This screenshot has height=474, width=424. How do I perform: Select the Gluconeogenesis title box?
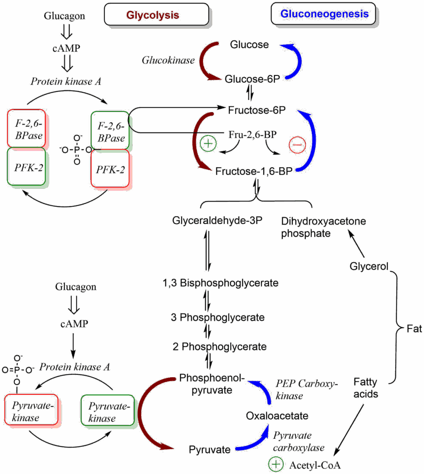pos(323,14)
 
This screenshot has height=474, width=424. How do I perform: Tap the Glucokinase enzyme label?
pos(168,60)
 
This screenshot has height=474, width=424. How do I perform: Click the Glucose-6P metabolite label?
pos(252,79)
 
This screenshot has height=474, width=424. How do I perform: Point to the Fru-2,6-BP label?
pos(253,134)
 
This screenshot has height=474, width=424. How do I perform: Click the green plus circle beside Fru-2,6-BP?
pos(208,144)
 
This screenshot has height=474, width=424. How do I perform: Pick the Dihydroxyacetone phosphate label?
pos(323,227)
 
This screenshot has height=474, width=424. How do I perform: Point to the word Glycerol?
pos(369,267)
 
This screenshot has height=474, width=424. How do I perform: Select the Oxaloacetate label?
pos(277,416)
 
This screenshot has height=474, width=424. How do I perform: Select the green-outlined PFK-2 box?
pos(26,167)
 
